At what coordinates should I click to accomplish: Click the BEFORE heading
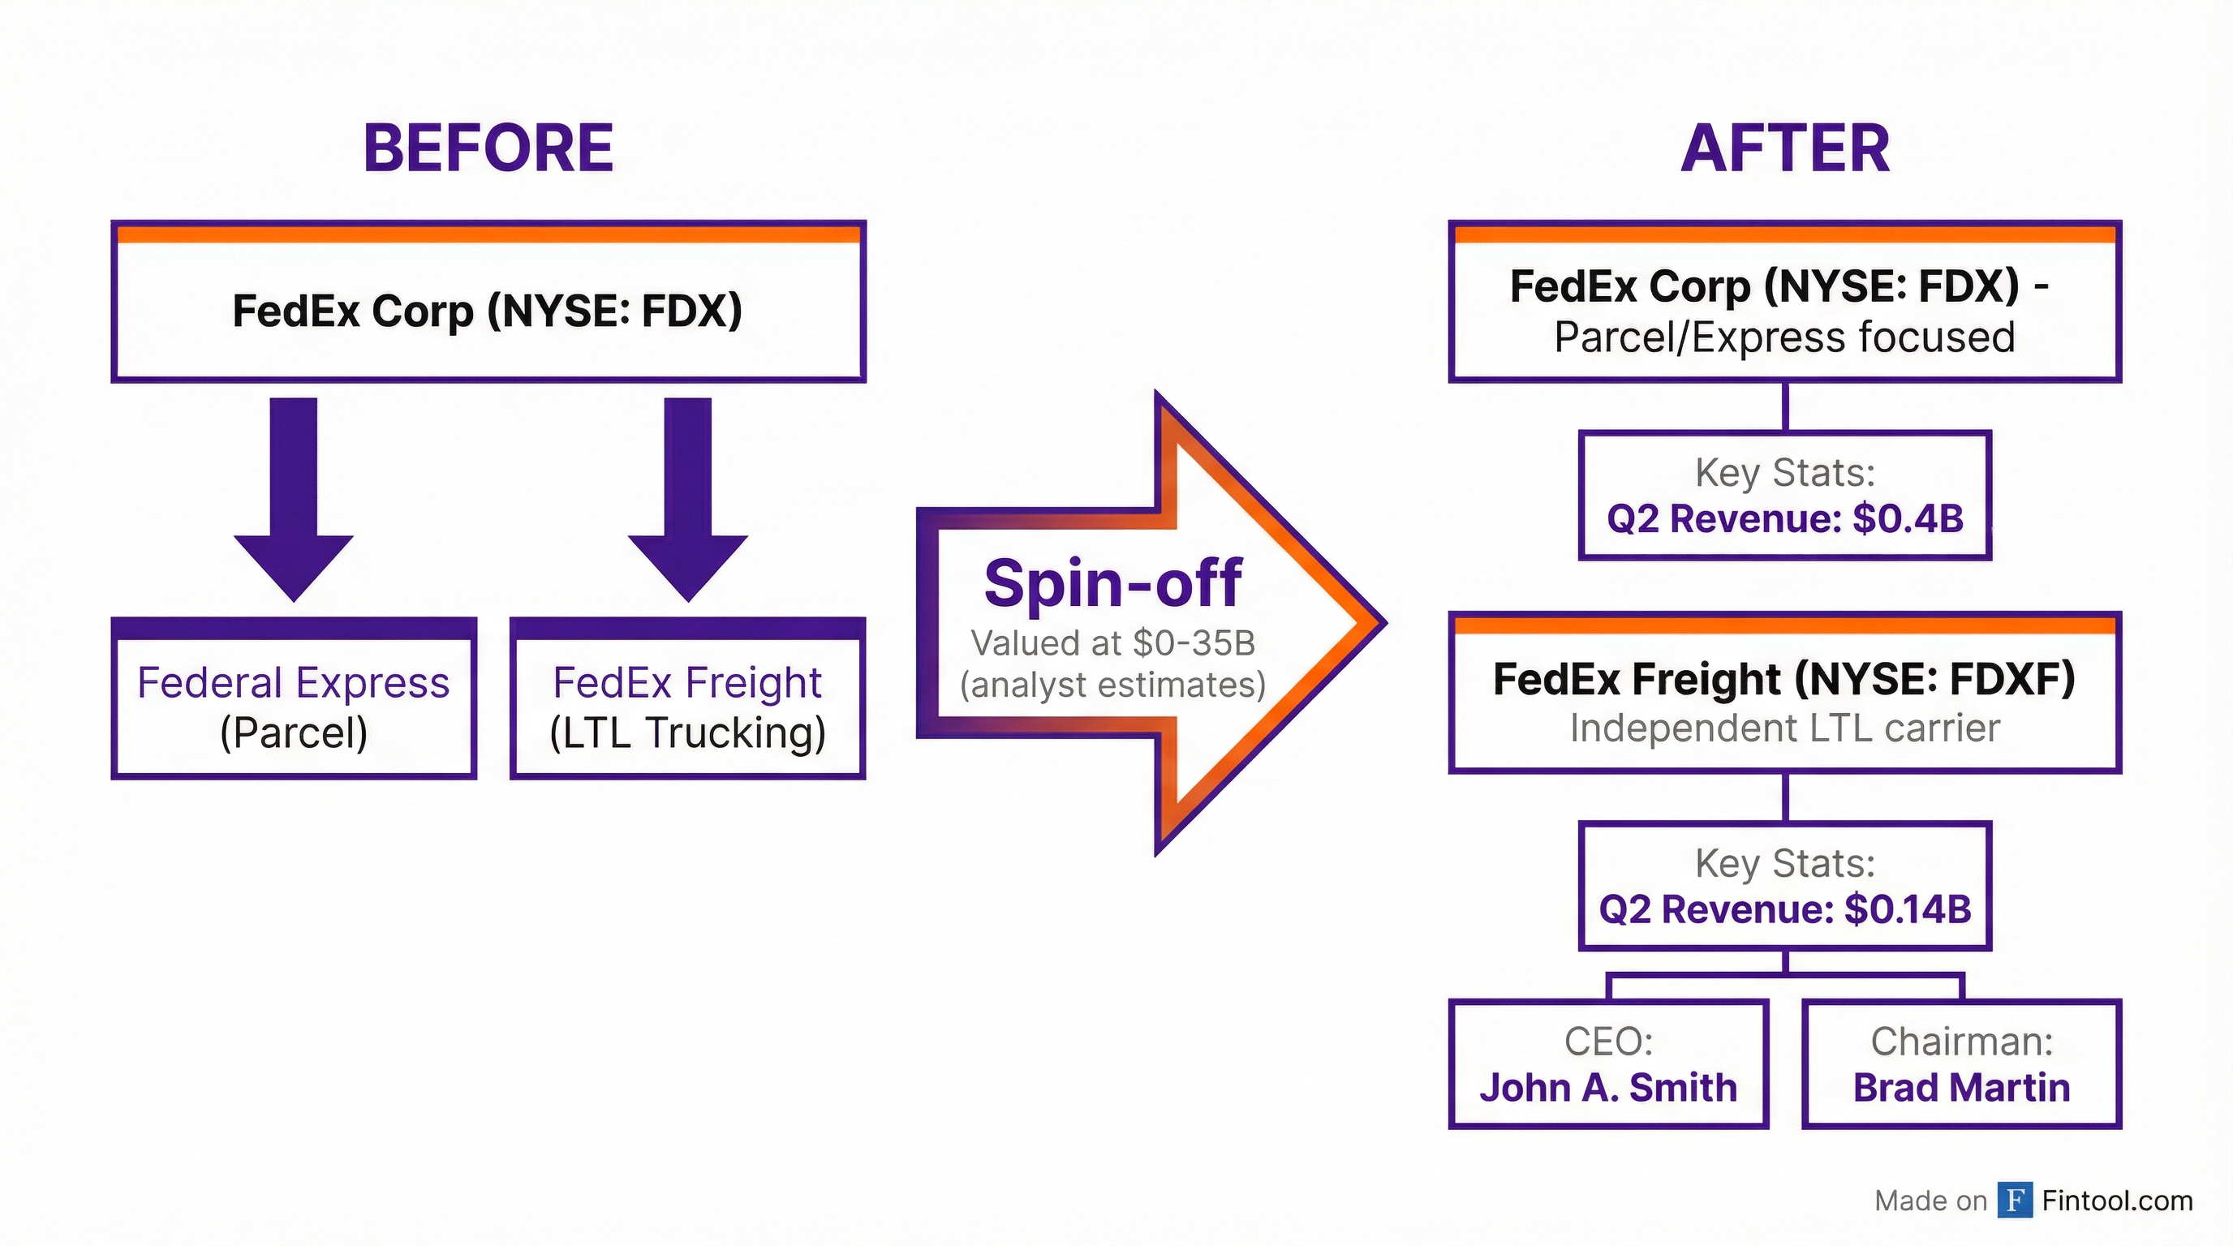click(x=488, y=148)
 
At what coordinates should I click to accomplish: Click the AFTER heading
click(x=1785, y=149)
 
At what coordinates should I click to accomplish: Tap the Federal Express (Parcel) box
click(x=294, y=707)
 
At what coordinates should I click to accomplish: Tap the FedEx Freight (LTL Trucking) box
click(x=687, y=707)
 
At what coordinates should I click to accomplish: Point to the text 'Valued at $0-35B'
click(x=1113, y=643)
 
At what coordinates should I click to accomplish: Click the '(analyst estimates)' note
click(x=1113, y=685)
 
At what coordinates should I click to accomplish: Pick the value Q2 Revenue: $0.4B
click(x=1785, y=519)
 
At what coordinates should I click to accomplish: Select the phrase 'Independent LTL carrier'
click(x=1785, y=728)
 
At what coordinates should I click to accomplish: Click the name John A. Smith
click(x=1608, y=1088)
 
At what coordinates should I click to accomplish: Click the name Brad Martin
click(x=1962, y=1088)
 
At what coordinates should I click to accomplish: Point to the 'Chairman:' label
click(x=1962, y=1042)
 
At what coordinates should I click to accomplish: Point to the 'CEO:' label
click(x=1608, y=1042)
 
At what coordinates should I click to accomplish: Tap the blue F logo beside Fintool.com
click(x=2015, y=1200)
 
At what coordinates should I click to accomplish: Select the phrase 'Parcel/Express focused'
click(x=1785, y=337)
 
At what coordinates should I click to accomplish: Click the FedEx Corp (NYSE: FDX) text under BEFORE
click(x=488, y=310)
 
